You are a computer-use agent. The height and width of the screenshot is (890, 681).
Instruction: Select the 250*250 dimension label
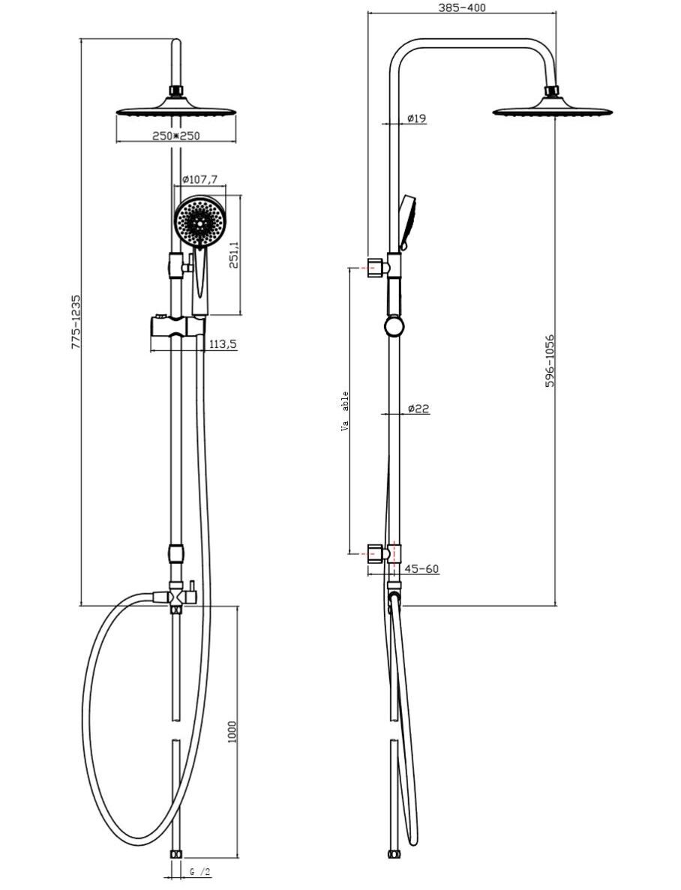pos(176,136)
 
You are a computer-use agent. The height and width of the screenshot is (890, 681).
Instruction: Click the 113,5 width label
pos(223,344)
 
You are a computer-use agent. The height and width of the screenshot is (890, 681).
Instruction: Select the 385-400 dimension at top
pos(463,8)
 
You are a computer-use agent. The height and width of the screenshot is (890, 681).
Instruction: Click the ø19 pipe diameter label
pos(416,118)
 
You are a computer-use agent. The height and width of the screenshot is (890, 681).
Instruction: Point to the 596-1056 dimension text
pos(550,361)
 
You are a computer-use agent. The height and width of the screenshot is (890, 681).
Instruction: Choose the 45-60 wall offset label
pos(421,569)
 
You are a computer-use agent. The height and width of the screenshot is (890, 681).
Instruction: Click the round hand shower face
pos(199,220)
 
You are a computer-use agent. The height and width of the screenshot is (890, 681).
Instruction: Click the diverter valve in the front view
pos(176,596)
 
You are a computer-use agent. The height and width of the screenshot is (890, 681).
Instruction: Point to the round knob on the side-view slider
pos(394,325)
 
